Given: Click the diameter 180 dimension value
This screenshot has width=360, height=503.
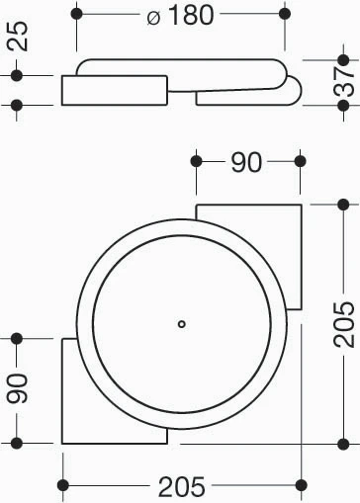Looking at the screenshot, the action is pyautogui.click(x=191, y=15).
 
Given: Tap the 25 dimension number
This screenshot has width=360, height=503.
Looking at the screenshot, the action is pyautogui.click(x=18, y=36).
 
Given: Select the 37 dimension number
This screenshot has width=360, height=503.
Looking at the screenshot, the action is pyautogui.click(x=343, y=81).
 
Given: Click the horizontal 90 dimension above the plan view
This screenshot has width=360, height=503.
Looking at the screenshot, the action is pyautogui.click(x=246, y=162).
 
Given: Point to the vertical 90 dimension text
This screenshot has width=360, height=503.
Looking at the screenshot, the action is pyautogui.click(x=18, y=388).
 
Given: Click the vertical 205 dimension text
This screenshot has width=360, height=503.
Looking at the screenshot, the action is pyautogui.click(x=343, y=324).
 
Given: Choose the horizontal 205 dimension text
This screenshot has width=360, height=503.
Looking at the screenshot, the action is pyautogui.click(x=182, y=486).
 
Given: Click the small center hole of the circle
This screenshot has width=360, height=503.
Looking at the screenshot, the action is pyautogui.click(x=182, y=324).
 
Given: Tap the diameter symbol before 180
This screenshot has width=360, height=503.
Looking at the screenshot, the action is pyautogui.click(x=153, y=18).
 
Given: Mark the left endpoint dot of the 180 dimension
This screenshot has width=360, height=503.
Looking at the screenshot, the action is pyautogui.click(x=76, y=14).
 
